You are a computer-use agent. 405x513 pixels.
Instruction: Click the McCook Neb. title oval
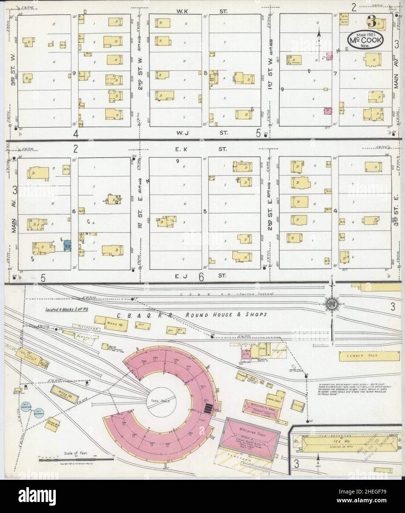pyautogui.click(x=365, y=39)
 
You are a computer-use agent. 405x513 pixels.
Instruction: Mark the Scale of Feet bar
pyautogui.click(x=76, y=458)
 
